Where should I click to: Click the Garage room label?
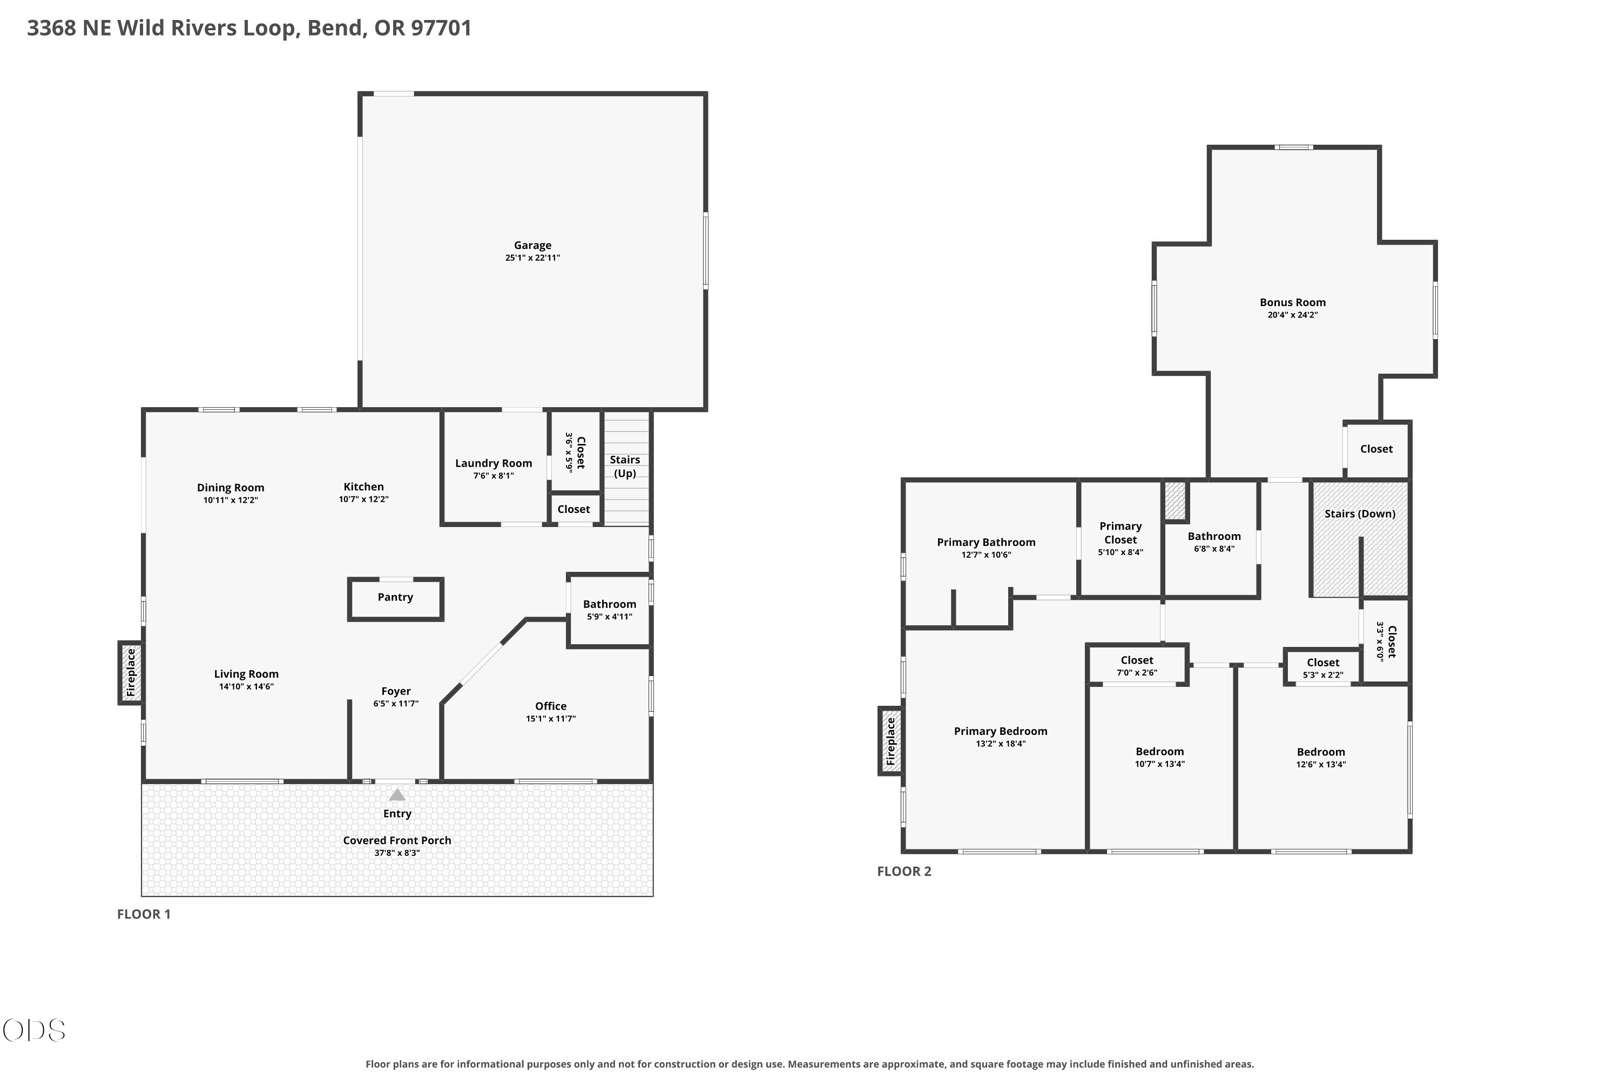(x=532, y=245)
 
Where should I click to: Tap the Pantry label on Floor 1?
(x=395, y=597)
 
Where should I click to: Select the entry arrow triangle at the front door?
(x=397, y=795)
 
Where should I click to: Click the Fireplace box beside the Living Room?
(x=131, y=672)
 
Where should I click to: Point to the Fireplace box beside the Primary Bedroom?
(x=890, y=741)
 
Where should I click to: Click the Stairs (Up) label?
(x=625, y=467)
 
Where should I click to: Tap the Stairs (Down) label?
(x=1360, y=514)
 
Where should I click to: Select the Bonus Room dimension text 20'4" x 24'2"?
(x=1293, y=315)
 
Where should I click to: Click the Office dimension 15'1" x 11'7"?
(x=551, y=718)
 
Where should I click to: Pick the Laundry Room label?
(x=494, y=463)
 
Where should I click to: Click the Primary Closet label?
(x=1120, y=533)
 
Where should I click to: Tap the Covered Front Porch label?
(x=397, y=840)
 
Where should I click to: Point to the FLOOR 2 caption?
(x=905, y=872)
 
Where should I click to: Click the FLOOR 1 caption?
(x=144, y=914)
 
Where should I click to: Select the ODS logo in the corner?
(x=33, y=1030)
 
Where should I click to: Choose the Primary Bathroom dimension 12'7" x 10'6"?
(x=987, y=555)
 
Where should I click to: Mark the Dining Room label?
(x=231, y=488)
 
